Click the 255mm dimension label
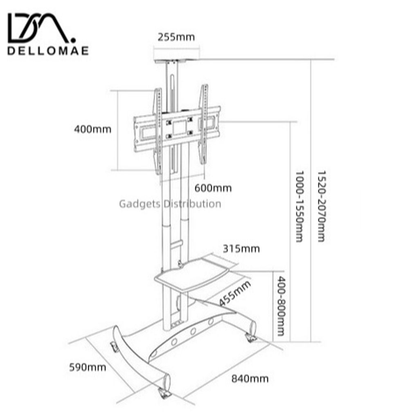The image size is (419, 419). click(x=176, y=37)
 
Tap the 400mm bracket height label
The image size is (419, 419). click(x=93, y=129)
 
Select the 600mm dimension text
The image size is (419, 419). click(x=213, y=188)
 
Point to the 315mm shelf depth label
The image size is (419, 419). click(x=241, y=249)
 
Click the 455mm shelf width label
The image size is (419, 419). click(x=235, y=293)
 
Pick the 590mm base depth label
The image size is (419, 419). click(x=88, y=367)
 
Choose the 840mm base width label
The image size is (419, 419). click(x=250, y=379)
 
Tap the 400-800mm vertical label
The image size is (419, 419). click(x=281, y=306)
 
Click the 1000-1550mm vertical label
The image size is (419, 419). click(x=300, y=207)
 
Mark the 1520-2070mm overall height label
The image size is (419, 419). click(x=322, y=206)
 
